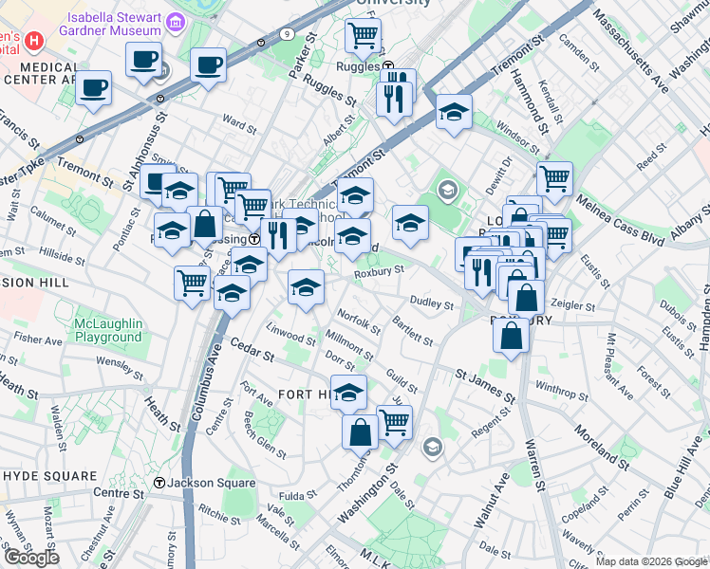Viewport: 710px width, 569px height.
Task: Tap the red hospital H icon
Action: point(35,41)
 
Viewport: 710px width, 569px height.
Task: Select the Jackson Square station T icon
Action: point(160,483)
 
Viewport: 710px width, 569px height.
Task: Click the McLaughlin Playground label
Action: point(108,331)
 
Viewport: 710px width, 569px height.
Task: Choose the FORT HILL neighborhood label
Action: point(305,394)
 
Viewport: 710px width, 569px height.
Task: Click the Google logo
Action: point(30,558)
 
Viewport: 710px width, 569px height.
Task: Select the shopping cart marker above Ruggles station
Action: point(364,36)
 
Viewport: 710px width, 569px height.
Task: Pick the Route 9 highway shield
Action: point(287,34)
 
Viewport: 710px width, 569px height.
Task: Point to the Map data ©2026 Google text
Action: point(650,561)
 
